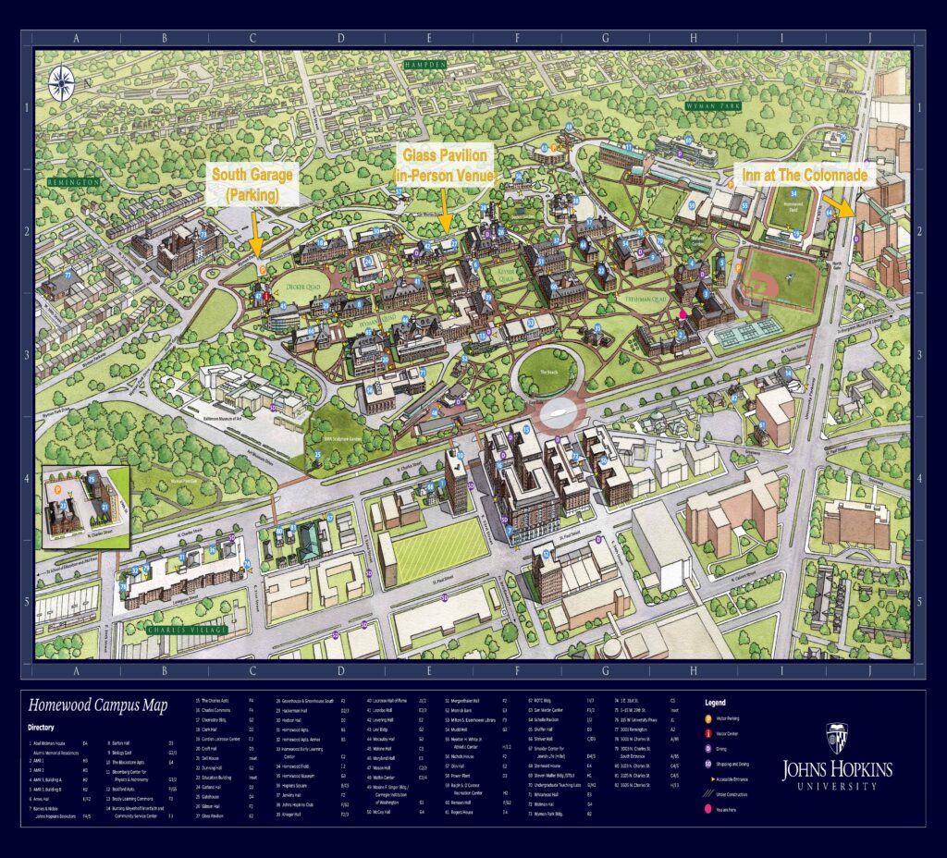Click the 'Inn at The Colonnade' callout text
pos(800,175)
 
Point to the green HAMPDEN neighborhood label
pos(424,65)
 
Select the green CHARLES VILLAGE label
pos(181,630)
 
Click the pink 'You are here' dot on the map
pos(683,314)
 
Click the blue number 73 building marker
pos(203,235)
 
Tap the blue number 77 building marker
pos(68,275)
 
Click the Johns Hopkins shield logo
pos(837,737)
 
